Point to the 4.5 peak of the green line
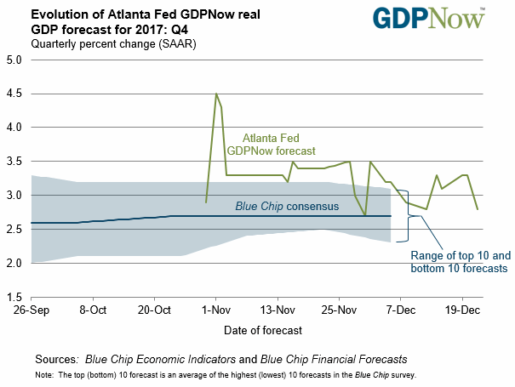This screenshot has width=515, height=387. coord(216,94)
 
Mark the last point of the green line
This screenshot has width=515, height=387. coord(477,208)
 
